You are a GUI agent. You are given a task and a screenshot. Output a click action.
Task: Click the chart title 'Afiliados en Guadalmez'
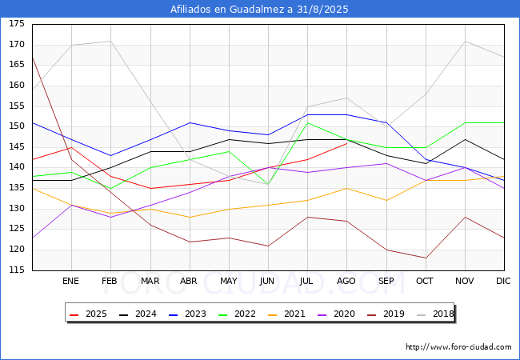click(x=227, y=9)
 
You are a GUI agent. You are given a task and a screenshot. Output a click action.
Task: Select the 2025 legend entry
click(x=88, y=314)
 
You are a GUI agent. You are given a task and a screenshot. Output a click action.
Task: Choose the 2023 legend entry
click(x=187, y=314)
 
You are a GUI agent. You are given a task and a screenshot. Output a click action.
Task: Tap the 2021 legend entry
click(x=286, y=314)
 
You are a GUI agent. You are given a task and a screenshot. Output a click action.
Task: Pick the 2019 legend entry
click(x=386, y=314)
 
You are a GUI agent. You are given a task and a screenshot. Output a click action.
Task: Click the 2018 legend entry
click(x=435, y=314)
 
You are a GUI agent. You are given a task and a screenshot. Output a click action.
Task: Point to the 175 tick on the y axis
click(x=17, y=23)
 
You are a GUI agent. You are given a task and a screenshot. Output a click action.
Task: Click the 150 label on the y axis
click(x=17, y=126)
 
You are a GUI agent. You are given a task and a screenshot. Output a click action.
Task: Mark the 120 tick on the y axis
click(x=17, y=250)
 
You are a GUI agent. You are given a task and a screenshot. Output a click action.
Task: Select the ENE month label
click(x=70, y=281)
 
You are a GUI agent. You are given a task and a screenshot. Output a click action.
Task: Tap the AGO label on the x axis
click(x=346, y=281)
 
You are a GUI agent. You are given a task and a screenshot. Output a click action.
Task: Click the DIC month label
click(x=503, y=281)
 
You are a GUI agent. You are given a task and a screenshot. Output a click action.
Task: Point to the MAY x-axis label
click(x=229, y=281)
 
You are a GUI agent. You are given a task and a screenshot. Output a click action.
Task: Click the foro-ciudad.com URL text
click(x=458, y=347)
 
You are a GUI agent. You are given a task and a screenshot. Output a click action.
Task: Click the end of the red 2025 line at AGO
click(x=347, y=143)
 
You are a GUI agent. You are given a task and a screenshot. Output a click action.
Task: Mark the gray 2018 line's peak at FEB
click(x=110, y=41)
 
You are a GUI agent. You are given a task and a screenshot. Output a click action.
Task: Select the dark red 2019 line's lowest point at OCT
click(x=426, y=258)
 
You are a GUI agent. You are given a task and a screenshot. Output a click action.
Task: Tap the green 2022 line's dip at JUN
click(x=268, y=184)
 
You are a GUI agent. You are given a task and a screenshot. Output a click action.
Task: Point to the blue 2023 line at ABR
click(x=190, y=122)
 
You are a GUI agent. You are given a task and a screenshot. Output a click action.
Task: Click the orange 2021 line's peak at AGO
click(x=347, y=188)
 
